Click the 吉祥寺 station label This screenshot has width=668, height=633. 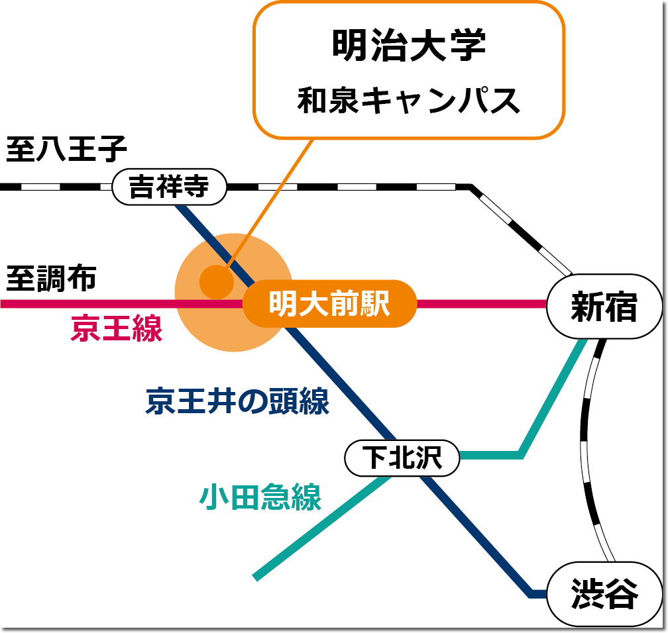point(169,187)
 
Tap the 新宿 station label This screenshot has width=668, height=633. point(604,307)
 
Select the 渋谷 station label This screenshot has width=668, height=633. point(604,594)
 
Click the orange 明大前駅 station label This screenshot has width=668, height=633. point(329,304)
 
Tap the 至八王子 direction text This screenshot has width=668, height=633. point(66,150)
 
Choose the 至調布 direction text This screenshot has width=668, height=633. point(52,278)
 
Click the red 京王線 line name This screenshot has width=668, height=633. point(117,329)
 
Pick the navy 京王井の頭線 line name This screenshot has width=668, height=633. point(237,401)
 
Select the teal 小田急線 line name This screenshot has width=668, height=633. point(260,497)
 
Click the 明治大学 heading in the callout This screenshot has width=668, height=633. point(409,45)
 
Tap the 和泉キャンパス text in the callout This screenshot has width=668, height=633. point(409,100)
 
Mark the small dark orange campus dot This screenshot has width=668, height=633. point(217,281)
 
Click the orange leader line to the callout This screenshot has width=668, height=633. point(272,199)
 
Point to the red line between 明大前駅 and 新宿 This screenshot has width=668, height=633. point(480,304)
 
